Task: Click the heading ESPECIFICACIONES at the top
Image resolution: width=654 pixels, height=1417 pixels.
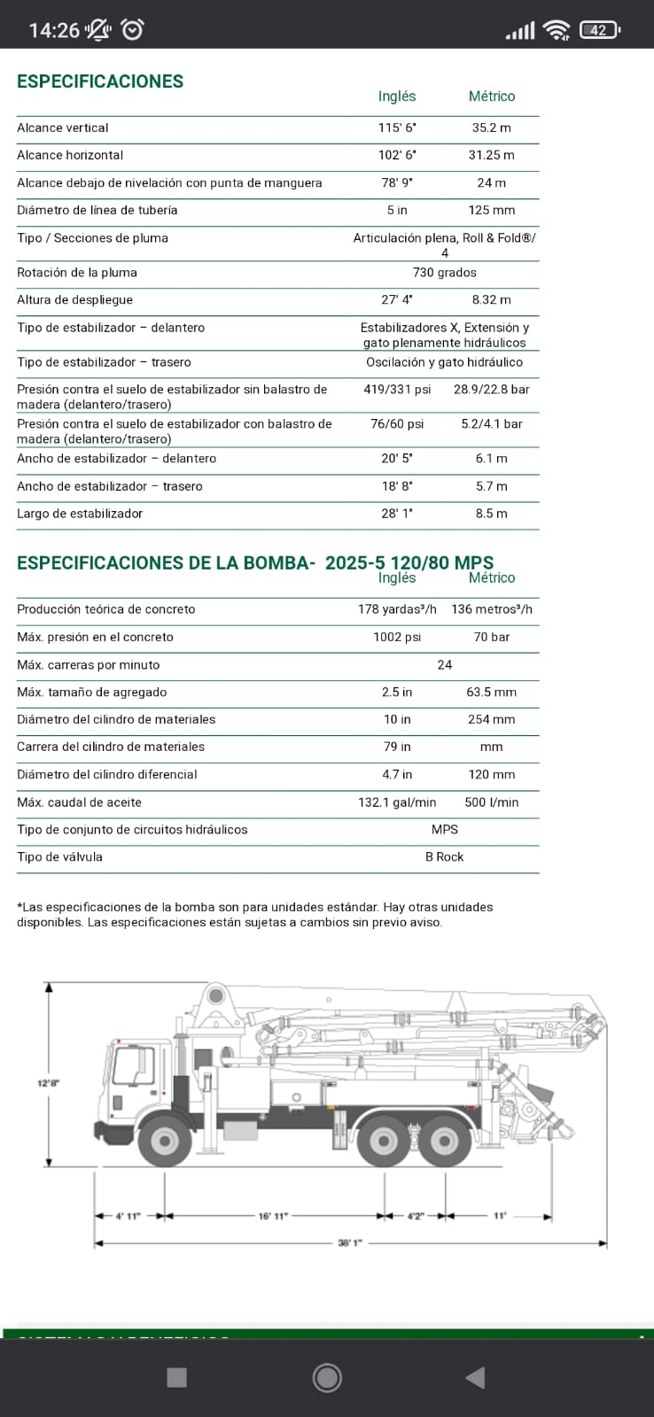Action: click(x=100, y=81)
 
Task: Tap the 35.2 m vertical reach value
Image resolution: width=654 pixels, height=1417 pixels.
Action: click(x=491, y=128)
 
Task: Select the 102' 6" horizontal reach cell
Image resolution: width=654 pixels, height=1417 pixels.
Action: click(x=397, y=155)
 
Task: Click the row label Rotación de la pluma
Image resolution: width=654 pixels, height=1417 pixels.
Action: click(x=77, y=273)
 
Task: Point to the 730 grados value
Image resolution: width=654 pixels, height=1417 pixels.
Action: click(x=444, y=273)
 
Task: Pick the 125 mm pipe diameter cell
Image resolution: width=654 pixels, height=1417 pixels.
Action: click(x=491, y=210)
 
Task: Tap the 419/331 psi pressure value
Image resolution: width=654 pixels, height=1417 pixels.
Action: click(x=397, y=389)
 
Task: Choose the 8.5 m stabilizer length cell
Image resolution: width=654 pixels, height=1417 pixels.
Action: click(x=491, y=514)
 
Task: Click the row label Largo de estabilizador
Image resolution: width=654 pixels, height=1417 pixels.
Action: click(x=80, y=514)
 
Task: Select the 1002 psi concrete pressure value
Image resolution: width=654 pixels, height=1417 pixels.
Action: click(x=397, y=637)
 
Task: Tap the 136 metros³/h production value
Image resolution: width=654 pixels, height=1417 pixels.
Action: click(x=491, y=609)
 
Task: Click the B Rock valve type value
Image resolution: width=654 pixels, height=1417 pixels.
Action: click(x=444, y=857)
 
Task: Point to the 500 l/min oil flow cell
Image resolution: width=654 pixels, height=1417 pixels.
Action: click(x=491, y=802)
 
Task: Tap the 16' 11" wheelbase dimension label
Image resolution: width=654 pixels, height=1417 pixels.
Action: click(x=273, y=1216)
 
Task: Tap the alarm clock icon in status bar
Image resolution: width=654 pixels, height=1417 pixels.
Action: click(x=133, y=29)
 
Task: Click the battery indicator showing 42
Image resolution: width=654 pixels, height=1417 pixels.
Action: click(x=600, y=30)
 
